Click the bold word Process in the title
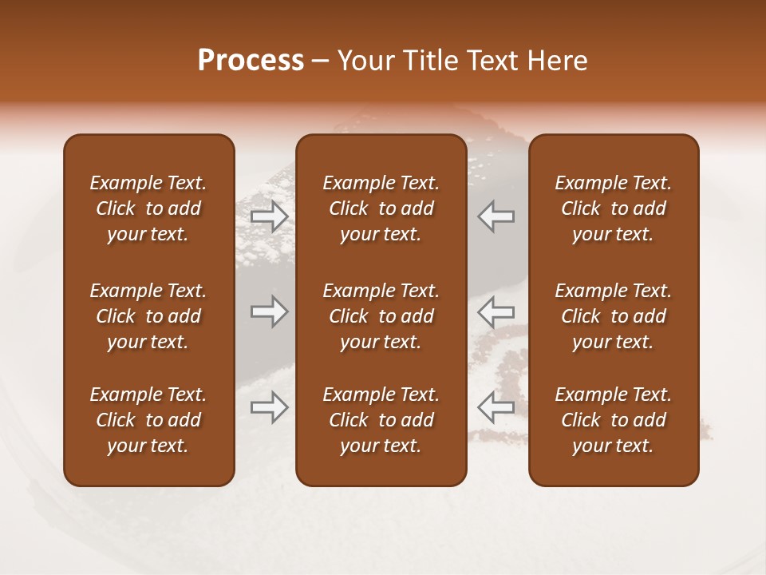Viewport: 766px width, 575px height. click(x=251, y=61)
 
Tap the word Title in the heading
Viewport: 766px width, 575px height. click(x=431, y=61)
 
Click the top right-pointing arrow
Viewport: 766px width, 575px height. click(x=269, y=216)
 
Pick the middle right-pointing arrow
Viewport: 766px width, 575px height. click(x=269, y=311)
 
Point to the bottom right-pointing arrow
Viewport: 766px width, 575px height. click(x=269, y=406)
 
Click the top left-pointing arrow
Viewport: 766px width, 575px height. click(x=496, y=216)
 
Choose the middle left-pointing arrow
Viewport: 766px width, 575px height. click(x=496, y=311)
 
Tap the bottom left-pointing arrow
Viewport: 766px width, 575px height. click(x=496, y=406)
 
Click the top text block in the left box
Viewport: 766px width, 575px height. click(x=148, y=208)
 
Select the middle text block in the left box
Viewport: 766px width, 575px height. click(x=148, y=316)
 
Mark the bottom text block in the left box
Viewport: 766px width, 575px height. click(x=148, y=420)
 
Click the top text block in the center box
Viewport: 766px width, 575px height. click(x=381, y=208)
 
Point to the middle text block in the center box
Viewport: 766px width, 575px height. click(x=381, y=316)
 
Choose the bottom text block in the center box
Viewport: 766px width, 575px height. click(x=381, y=420)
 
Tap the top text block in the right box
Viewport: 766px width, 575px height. click(x=614, y=208)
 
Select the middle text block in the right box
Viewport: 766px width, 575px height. click(x=614, y=316)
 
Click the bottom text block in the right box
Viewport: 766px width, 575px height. click(x=614, y=420)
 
